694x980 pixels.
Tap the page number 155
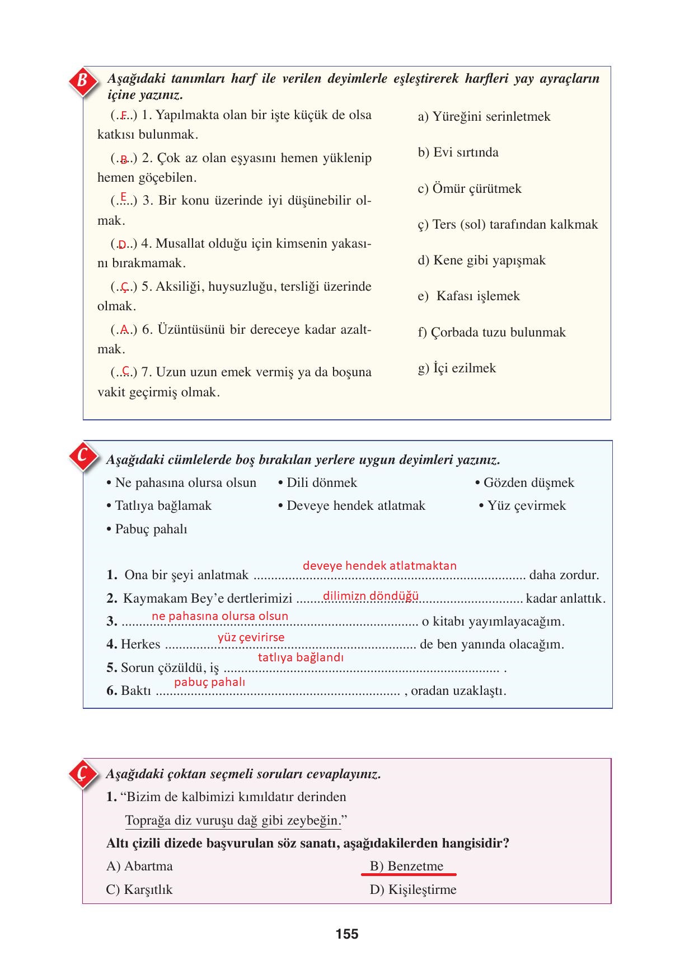[347, 934]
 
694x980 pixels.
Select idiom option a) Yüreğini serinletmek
[484, 117]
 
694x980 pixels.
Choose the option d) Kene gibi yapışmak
[481, 261]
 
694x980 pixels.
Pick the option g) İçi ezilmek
[457, 368]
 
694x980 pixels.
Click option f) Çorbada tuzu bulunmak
[491, 333]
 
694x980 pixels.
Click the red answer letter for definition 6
[124, 330]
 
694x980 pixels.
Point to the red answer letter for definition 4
[122, 245]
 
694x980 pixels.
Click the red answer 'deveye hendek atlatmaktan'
[379, 566]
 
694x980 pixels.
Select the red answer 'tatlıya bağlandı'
[301, 658]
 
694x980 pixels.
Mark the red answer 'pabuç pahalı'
[209, 682]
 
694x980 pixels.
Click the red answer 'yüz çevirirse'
[251, 637]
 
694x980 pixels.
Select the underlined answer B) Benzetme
[406, 867]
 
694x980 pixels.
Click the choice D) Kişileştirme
[413, 890]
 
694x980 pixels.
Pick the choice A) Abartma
[139, 867]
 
